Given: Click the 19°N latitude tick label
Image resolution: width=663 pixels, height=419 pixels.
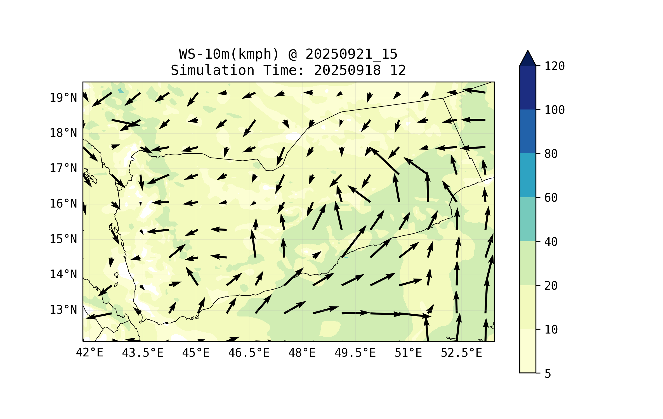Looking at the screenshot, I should click(63, 98).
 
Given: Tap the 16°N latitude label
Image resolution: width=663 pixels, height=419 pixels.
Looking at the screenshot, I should click(63, 204).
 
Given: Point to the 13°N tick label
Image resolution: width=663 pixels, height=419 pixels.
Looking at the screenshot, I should click(63, 310).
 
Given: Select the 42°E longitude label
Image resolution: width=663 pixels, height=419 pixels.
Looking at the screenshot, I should click(89, 353).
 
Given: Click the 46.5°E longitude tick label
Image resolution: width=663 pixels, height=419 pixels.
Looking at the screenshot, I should click(249, 353).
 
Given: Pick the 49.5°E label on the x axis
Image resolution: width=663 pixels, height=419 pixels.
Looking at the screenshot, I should click(355, 353).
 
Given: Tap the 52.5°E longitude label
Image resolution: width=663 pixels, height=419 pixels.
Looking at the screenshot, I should click(461, 353).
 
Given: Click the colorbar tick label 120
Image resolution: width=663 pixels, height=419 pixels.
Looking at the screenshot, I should click(555, 66).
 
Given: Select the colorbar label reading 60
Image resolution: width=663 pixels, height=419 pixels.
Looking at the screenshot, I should click(551, 198).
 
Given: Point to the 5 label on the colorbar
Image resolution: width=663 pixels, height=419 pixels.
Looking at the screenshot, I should click(548, 374).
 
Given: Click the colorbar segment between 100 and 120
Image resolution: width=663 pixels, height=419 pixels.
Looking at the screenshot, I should click(528, 87).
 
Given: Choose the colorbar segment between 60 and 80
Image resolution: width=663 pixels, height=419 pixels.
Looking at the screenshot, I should click(528, 175).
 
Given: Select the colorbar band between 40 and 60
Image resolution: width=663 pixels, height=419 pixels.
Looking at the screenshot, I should click(528, 219).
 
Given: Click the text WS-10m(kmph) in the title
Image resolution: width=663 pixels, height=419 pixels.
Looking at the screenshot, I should click(229, 54).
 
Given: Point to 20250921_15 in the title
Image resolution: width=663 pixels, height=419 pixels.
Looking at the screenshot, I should click(351, 54).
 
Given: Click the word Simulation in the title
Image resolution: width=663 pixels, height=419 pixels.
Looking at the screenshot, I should click(213, 70).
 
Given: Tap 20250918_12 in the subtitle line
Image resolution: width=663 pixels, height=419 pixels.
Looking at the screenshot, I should click(360, 70).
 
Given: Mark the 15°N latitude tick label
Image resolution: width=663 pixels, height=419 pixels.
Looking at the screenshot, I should click(63, 239).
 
